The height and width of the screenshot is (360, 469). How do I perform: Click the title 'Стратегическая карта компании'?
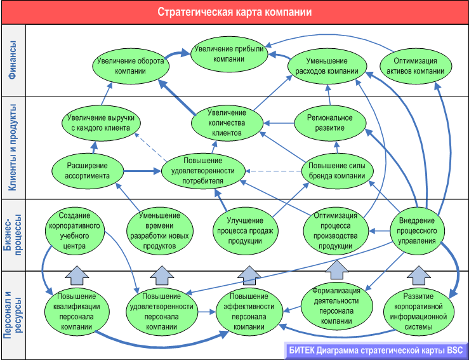click(x=234, y=12)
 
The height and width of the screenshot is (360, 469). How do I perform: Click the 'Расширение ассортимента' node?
click(x=88, y=171)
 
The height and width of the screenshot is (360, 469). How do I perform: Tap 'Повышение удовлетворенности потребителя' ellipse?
click(x=203, y=171)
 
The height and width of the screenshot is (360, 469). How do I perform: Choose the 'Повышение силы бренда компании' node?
click(x=337, y=171)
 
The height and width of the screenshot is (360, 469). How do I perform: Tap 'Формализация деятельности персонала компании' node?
click(x=336, y=304)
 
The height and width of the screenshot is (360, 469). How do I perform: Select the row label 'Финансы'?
click(x=13, y=60)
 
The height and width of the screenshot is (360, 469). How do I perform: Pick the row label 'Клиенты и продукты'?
click(x=13, y=147)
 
